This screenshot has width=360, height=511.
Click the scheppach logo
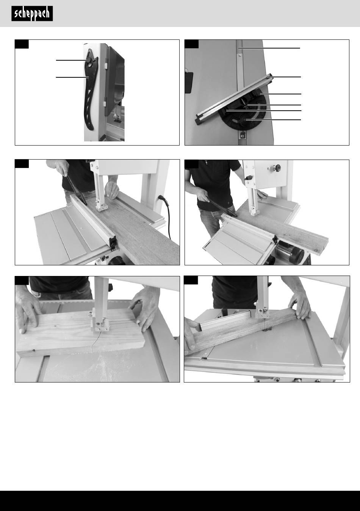(32, 14)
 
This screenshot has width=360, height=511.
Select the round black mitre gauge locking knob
(244, 119)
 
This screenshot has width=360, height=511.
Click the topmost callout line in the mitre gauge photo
(269, 48)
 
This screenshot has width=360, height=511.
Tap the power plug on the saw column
(162, 198)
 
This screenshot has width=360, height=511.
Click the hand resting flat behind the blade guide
(112, 189)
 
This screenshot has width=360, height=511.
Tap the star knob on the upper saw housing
(277, 168)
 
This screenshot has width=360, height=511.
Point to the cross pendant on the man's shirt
(206, 162)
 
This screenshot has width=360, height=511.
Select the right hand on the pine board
(144, 303)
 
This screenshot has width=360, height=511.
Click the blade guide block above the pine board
(100, 324)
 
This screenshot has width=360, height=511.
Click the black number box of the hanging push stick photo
(22, 44)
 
